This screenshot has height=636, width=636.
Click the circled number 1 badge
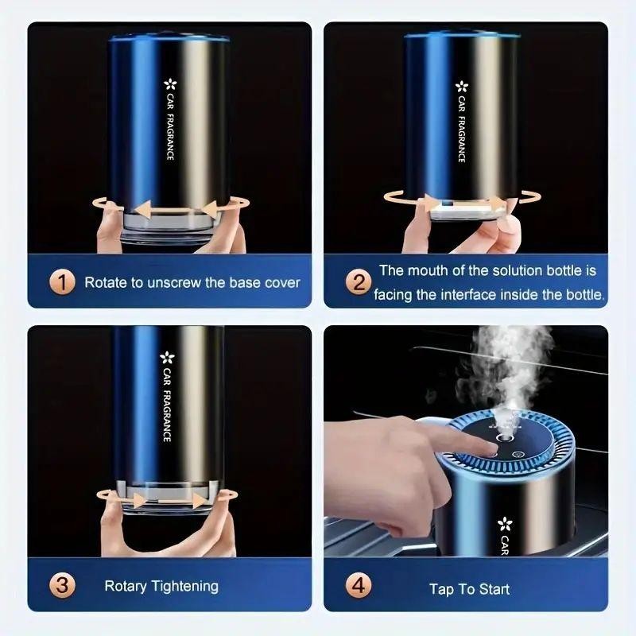pyautogui.click(x=63, y=281)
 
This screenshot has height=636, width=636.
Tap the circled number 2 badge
pyautogui.click(x=359, y=281)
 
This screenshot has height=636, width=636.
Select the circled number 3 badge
pyautogui.click(x=63, y=587)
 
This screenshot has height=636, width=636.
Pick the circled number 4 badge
pyautogui.click(x=359, y=587)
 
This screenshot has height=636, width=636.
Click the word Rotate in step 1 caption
pyautogui.click(x=104, y=282)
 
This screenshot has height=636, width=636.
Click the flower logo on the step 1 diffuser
pyautogui.click(x=169, y=84)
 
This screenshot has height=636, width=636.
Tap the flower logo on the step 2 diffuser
pyautogui.click(x=461, y=87)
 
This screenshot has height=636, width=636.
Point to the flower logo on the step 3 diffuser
pyautogui.click(x=167, y=359)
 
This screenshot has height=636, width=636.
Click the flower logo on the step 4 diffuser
pyautogui.click(x=503, y=524)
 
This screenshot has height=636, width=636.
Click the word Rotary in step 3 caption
pyautogui.click(x=126, y=587)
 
